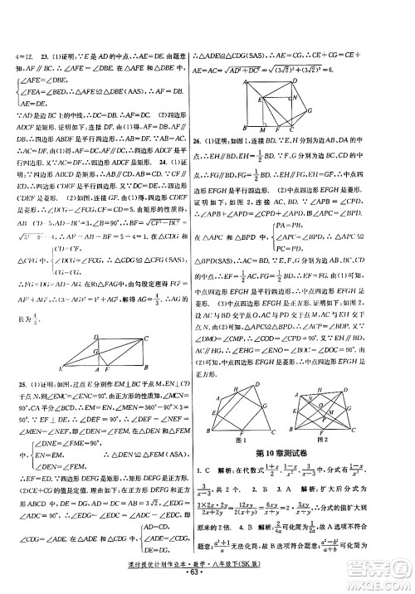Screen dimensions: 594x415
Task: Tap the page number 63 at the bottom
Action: click(208, 583)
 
